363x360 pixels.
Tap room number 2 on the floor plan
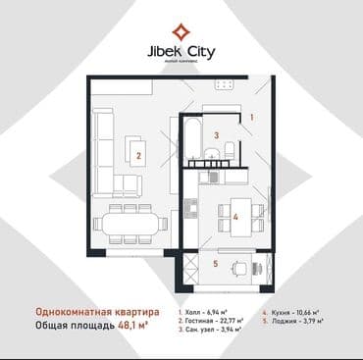click(139, 154)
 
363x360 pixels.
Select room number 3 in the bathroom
click(218, 136)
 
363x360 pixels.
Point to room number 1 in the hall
click(251, 117)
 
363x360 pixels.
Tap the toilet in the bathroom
click(228, 150)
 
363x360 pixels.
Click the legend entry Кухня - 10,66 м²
click(298, 308)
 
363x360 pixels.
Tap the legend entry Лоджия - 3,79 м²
click(299, 320)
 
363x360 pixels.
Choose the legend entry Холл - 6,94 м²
click(207, 308)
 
